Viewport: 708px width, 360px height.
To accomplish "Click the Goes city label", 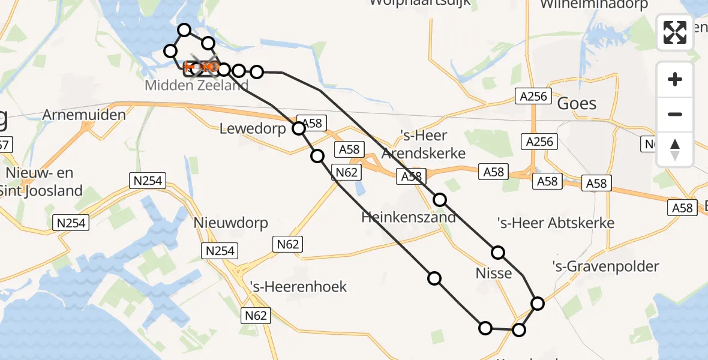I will pyautogui.click(x=577, y=104).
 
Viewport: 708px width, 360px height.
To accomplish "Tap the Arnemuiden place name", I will pyautogui.click(x=84, y=115).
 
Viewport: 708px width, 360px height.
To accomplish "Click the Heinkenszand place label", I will pyautogui.click(x=409, y=217).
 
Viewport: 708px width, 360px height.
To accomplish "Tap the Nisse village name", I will pyautogui.click(x=494, y=274).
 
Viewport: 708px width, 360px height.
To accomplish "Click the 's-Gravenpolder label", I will pyautogui.click(x=606, y=266).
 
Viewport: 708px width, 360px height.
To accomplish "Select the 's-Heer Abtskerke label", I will pyautogui.click(x=556, y=223).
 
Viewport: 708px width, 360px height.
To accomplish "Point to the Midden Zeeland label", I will pyautogui.click(x=196, y=85).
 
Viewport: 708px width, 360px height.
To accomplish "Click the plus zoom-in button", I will pyautogui.click(x=675, y=79).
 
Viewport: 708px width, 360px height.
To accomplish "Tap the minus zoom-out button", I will pyautogui.click(x=675, y=114).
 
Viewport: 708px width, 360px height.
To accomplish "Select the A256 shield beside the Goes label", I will pyautogui.click(x=532, y=95).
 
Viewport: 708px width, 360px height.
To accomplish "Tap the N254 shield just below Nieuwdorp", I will pyautogui.click(x=220, y=250).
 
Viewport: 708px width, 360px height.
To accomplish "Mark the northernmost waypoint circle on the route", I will pyautogui.click(x=184, y=30).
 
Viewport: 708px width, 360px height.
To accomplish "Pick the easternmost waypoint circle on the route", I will pyautogui.click(x=538, y=304).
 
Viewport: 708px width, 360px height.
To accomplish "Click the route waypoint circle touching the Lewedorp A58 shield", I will pyautogui.click(x=299, y=128).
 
